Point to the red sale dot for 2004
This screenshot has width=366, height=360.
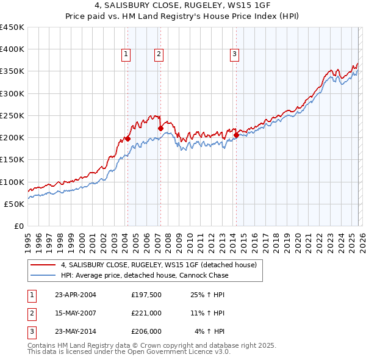[x=128, y=139]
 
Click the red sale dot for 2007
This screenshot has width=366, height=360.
[x=160, y=128]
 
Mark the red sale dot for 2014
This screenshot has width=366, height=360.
[x=236, y=135]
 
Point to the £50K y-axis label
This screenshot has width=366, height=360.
[x=15, y=204]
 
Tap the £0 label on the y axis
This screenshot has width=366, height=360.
[x=18, y=226]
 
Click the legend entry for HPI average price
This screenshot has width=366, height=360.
[x=145, y=275]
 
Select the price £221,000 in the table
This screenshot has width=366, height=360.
[x=146, y=314]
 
